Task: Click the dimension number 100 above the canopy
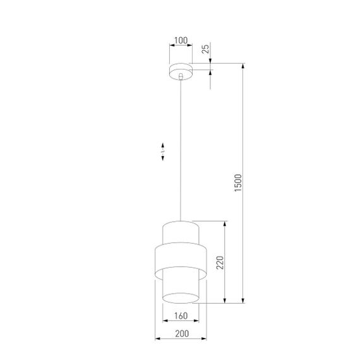(181, 41)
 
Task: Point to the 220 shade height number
(220, 261)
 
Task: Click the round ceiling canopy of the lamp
(181, 69)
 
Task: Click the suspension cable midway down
(181, 152)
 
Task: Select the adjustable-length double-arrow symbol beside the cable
(162, 151)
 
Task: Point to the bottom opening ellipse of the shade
(181, 297)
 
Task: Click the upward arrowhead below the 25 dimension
(210, 73)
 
